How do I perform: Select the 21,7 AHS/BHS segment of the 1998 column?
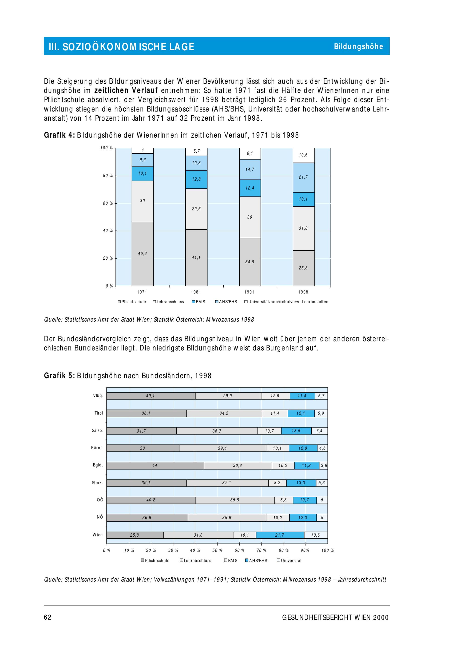pyautogui.click(x=303, y=177)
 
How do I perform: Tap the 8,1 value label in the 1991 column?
pyautogui.click(x=250, y=154)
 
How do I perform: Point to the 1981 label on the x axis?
pyautogui.click(x=196, y=292)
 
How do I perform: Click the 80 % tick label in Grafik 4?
pyautogui.click(x=108, y=176)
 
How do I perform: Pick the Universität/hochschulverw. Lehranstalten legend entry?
pyautogui.click(x=286, y=302)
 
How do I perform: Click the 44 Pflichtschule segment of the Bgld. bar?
pyautogui.click(x=155, y=466)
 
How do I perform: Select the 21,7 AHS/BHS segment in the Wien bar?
pyautogui.click(x=280, y=535)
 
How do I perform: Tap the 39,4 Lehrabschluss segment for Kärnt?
pyautogui.click(x=222, y=448)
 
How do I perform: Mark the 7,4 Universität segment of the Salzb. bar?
pyautogui.click(x=319, y=431)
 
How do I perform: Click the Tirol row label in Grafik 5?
pyautogui.click(x=99, y=413)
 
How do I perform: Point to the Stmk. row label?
pyautogui.click(x=98, y=483)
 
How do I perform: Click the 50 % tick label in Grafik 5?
pyautogui.click(x=217, y=550)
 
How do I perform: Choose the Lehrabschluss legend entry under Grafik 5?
pyautogui.click(x=196, y=561)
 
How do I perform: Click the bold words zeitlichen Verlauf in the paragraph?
pyautogui.click(x=126, y=91)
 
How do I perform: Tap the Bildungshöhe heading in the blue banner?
pyautogui.click(x=358, y=46)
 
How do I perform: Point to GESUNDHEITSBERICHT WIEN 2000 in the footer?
pyautogui.click(x=335, y=617)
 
